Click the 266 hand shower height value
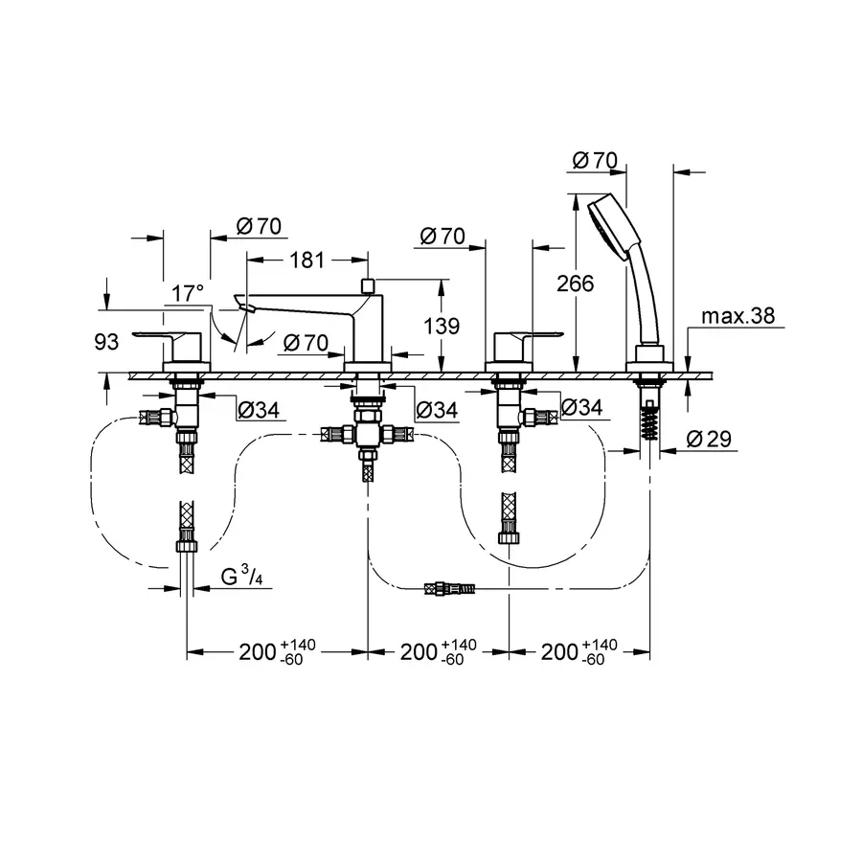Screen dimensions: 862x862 (575, 284)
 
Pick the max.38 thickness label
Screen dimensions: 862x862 (737, 316)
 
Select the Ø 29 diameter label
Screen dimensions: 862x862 (710, 440)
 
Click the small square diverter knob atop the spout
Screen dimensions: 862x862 (368, 285)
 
